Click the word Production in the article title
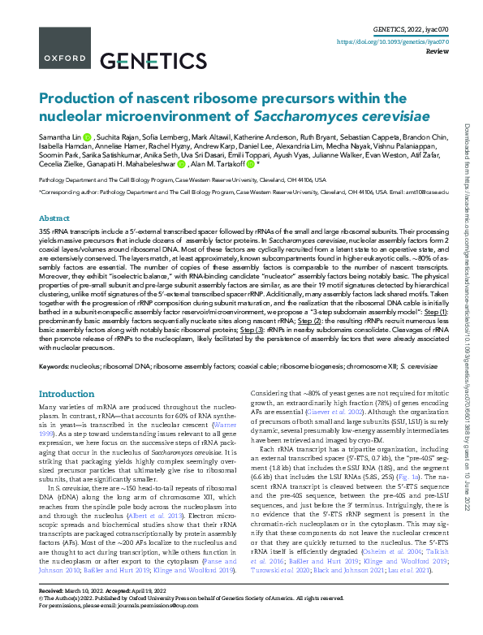coord(78,97)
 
